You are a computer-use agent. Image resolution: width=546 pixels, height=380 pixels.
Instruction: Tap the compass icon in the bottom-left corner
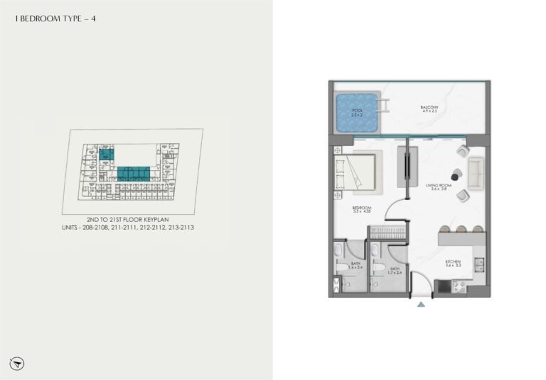click(18, 363)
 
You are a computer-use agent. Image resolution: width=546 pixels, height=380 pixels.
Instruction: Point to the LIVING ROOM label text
click(439, 187)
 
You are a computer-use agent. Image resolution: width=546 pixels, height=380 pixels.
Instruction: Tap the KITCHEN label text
click(454, 263)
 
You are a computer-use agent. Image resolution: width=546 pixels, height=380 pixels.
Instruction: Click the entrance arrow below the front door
click(421, 305)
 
